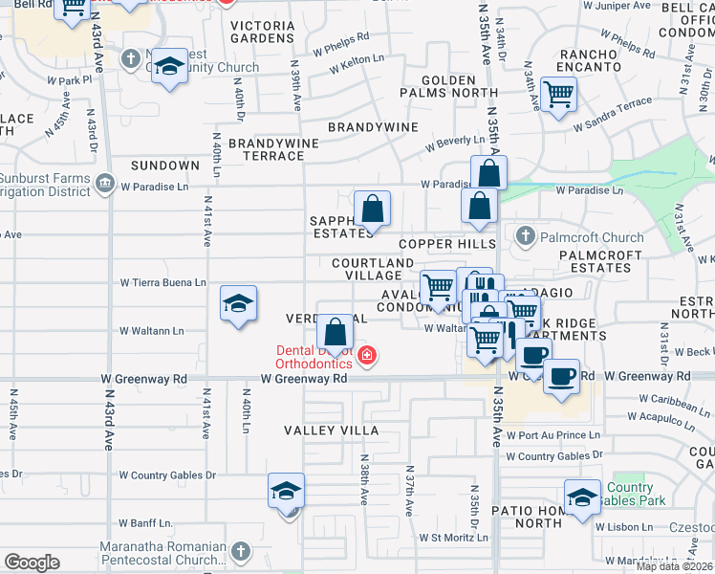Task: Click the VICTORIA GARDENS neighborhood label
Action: [262, 31]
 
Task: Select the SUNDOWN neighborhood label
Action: [165, 166]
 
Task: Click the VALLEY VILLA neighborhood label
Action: [331, 430]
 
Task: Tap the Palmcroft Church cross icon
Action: [525, 234]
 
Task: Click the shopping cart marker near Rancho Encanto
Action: [559, 94]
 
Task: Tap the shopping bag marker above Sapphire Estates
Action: [372, 208]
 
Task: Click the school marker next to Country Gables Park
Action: [582, 497]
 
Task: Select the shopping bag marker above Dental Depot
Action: [336, 333]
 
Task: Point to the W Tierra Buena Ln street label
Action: [162, 282]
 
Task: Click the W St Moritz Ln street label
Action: [453, 538]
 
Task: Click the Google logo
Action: [32, 562]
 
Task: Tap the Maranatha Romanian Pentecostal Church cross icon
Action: [240, 551]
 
